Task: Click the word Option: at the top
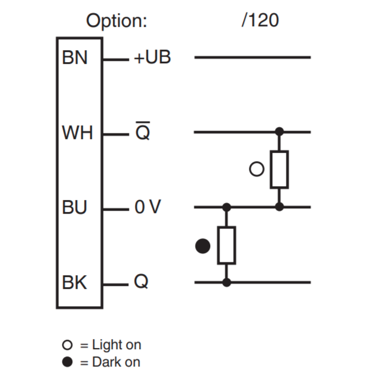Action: (116, 21)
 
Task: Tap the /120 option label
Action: (260, 20)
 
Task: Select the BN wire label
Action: (74, 58)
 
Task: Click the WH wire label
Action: (77, 133)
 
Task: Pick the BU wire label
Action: (75, 208)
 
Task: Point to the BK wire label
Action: (75, 282)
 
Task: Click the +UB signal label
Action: (153, 58)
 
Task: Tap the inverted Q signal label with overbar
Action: (143, 132)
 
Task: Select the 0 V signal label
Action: (147, 208)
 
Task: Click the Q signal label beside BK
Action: (141, 282)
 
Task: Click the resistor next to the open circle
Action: (279, 170)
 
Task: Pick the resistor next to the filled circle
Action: (226, 245)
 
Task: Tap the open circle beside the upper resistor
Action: (257, 170)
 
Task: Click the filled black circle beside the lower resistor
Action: (203, 245)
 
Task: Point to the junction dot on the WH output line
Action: (279, 131)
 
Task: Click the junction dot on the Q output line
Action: (226, 282)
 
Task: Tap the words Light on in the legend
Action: (116, 344)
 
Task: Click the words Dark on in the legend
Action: (116, 362)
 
